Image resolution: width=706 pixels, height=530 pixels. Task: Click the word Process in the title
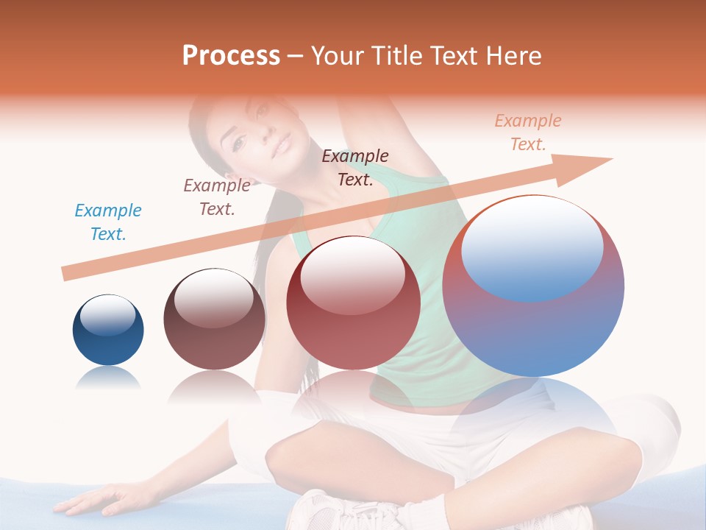(231, 56)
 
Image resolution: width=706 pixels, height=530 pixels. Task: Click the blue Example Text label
(108, 222)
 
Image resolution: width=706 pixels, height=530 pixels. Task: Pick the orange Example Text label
(528, 132)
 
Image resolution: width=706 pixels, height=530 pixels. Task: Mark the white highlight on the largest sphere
(532, 247)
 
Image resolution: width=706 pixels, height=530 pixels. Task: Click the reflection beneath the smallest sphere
(108, 379)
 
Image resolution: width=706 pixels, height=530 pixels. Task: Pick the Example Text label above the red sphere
(355, 168)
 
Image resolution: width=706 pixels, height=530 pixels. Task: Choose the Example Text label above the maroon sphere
(217, 197)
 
